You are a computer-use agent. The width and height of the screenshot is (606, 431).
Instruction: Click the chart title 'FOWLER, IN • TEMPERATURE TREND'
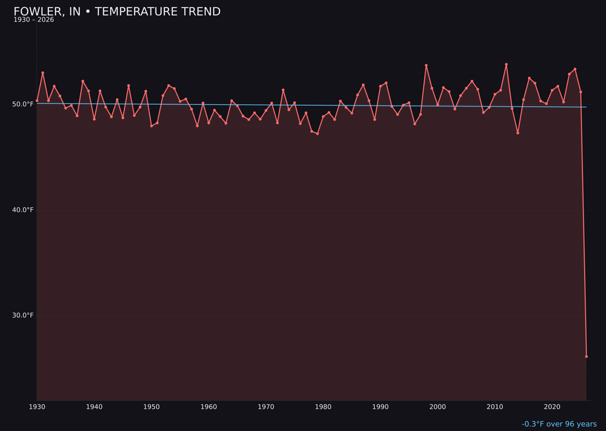[117, 12]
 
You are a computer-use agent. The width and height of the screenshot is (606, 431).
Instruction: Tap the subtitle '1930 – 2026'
[34, 20]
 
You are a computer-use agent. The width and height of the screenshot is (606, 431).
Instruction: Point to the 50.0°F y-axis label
[24, 104]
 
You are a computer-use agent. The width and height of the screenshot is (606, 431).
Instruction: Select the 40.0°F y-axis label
[24, 210]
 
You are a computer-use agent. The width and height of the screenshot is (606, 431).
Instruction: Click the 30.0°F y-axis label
[24, 315]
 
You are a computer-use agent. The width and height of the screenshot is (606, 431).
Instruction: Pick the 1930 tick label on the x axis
[37, 407]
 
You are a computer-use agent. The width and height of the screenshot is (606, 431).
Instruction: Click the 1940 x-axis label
[94, 407]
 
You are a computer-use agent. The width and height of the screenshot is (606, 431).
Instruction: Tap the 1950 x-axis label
[151, 407]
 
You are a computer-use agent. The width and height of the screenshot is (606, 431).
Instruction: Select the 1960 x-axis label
[209, 407]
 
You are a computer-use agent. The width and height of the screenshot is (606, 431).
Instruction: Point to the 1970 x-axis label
[266, 407]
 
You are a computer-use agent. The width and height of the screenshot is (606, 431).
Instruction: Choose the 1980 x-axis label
[323, 407]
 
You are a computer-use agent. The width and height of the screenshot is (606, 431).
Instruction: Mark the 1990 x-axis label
[380, 407]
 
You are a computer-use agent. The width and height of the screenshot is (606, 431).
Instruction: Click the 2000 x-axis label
[438, 407]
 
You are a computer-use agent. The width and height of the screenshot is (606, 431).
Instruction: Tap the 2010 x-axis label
[495, 407]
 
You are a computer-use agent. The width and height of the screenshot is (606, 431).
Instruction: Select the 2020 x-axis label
[552, 407]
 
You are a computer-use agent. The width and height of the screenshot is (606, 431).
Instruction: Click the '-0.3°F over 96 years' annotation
[559, 424]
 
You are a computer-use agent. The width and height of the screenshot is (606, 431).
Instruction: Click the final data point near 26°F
[586, 356]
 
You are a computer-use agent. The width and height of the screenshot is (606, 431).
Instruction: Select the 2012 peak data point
[506, 65]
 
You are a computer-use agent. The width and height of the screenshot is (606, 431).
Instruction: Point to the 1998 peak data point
[426, 66]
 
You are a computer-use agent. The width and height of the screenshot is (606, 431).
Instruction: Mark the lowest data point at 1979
[318, 134]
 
